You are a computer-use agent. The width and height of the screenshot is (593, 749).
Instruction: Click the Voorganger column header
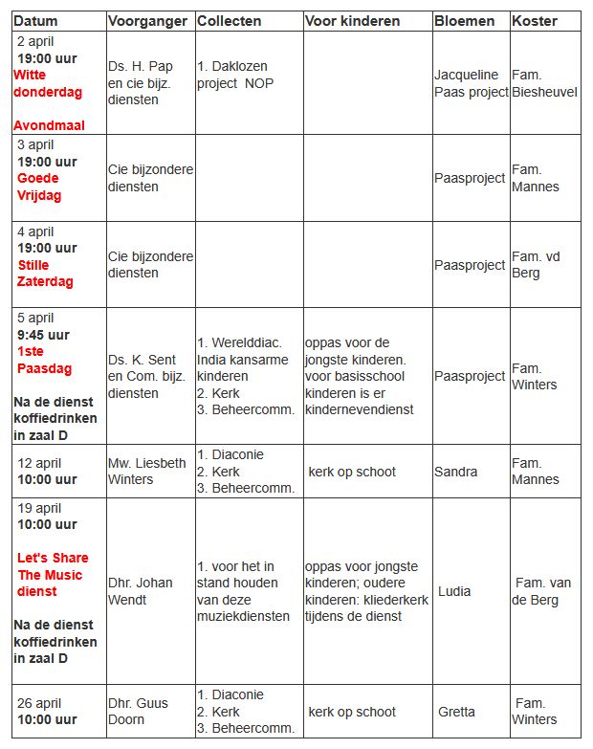point(146,20)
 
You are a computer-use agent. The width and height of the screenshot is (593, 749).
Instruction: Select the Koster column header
point(536,20)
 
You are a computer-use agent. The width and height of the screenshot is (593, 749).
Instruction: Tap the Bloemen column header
point(465,20)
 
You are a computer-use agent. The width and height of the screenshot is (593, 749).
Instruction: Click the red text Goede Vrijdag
point(38,187)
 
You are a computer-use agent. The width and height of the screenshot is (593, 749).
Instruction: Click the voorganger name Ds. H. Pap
point(141,66)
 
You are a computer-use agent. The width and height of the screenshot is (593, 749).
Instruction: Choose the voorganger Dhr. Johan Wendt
point(141,591)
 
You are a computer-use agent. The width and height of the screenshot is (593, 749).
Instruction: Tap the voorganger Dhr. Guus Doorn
point(138,711)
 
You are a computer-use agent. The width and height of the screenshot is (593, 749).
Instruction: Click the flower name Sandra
point(455,472)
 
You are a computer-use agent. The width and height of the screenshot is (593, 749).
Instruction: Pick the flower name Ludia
point(454,591)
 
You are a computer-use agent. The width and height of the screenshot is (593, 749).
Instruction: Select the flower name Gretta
point(456,712)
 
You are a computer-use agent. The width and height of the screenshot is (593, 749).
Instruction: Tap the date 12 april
point(39,463)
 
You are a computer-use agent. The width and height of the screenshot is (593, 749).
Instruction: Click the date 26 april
point(39,703)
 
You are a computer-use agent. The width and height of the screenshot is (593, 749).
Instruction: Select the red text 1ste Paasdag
point(44,360)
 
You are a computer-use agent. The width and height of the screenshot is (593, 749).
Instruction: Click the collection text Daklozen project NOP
point(234,75)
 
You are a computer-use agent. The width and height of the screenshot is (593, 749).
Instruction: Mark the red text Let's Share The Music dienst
point(53,575)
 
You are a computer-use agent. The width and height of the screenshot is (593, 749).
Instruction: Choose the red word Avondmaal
point(49,125)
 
